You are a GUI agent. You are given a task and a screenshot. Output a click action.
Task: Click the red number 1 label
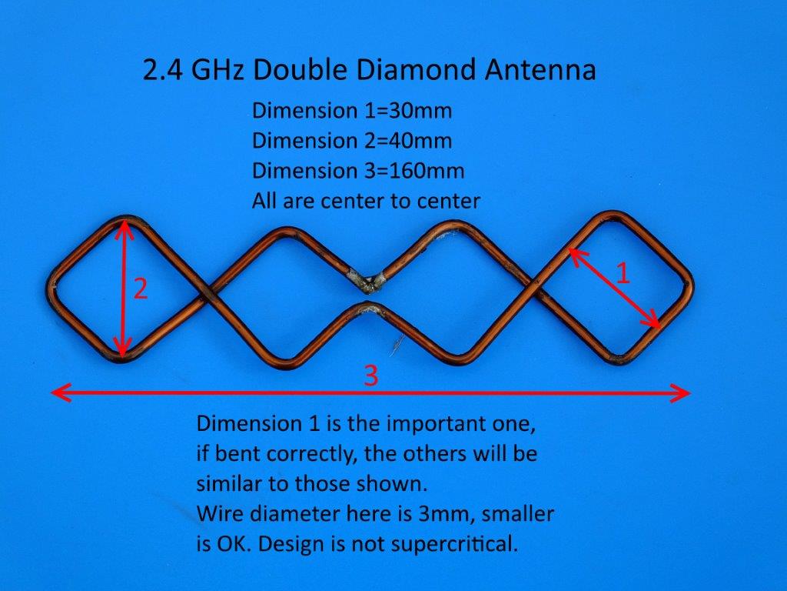623,274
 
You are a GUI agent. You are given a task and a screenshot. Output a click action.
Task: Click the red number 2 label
141,289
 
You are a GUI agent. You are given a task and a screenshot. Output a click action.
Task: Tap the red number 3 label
370,376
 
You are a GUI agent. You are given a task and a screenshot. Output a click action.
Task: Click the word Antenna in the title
540,70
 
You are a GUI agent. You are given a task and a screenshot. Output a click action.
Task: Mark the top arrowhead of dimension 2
123,227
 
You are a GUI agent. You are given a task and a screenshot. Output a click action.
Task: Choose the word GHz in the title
218,70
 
